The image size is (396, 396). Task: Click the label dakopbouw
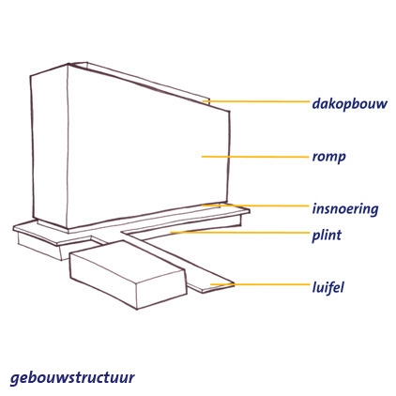point(349,103)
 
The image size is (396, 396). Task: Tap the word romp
point(328,157)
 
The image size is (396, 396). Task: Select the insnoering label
point(345,208)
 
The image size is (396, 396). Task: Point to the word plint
point(327,235)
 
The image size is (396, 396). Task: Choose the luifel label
point(328,287)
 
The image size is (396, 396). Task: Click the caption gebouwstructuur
point(72,377)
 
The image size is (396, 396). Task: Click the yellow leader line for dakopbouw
point(256,101)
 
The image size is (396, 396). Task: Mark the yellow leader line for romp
point(255,157)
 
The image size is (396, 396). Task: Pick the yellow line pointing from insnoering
point(255,206)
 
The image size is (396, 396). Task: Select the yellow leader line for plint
point(239,233)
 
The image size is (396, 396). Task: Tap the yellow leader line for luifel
point(260,284)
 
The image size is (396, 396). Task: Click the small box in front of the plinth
point(129,275)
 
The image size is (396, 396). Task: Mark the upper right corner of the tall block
point(230,111)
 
